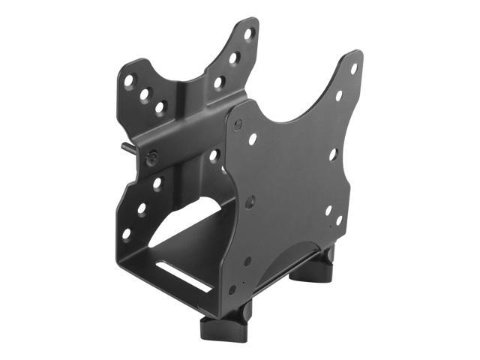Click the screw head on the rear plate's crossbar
pos(152,158)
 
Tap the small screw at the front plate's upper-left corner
pos(238,125)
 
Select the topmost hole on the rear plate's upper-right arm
pos(247,34)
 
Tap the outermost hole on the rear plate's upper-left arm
pos(130,79)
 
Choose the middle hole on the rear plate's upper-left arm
pos(145,93)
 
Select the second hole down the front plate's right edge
pos(338,96)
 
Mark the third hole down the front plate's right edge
pos(333,154)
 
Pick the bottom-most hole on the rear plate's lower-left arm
pos(126,234)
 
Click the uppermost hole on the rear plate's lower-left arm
pos(157,183)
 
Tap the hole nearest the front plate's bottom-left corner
pos(232,289)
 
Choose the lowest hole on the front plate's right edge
pos(328,211)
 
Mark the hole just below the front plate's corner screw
pos(253,139)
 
